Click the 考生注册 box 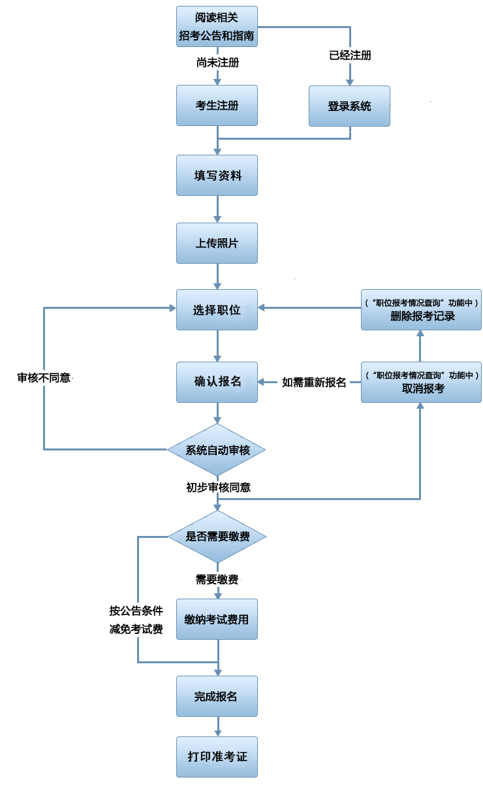pyautogui.click(x=217, y=106)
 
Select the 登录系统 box pyautogui.click(x=349, y=106)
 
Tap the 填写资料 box pyautogui.click(x=217, y=175)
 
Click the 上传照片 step pyautogui.click(x=217, y=243)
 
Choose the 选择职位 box pyautogui.click(x=217, y=310)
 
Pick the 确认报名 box pyautogui.click(x=217, y=382)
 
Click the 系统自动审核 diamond pyautogui.click(x=217, y=450)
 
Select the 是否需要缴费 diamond pyautogui.click(x=217, y=537)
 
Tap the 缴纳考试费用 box pyautogui.click(x=217, y=619)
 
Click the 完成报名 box pyautogui.click(x=217, y=696)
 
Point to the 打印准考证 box pyautogui.click(x=217, y=757)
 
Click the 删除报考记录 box pyautogui.click(x=422, y=310)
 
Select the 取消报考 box pyautogui.click(x=422, y=382)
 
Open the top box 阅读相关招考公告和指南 pyautogui.click(x=217, y=27)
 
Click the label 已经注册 pyautogui.click(x=350, y=55)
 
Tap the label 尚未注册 pyautogui.click(x=217, y=63)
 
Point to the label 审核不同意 pyautogui.click(x=44, y=377)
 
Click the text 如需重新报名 pyautogui.click(x=314, y=382)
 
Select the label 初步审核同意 pyautogui.click(x=217, y=487)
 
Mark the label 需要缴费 pyautogui.click(x=217, y=579)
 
